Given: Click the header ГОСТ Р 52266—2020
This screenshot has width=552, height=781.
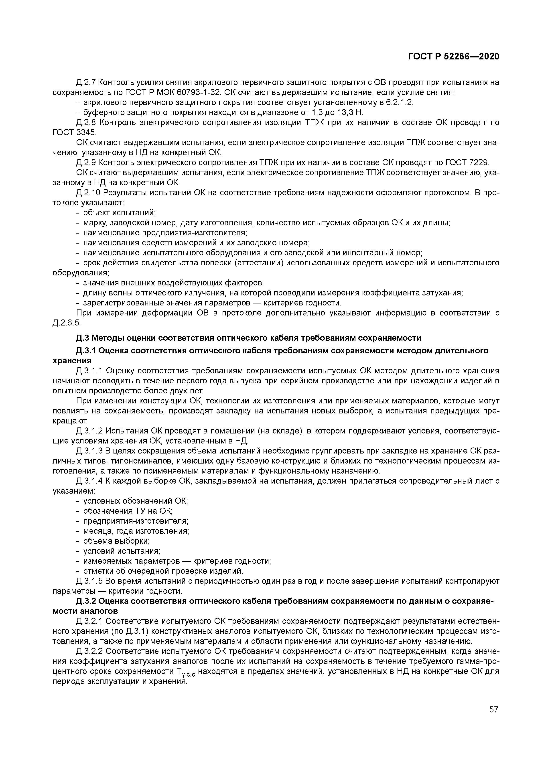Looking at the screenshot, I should point(453,57).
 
